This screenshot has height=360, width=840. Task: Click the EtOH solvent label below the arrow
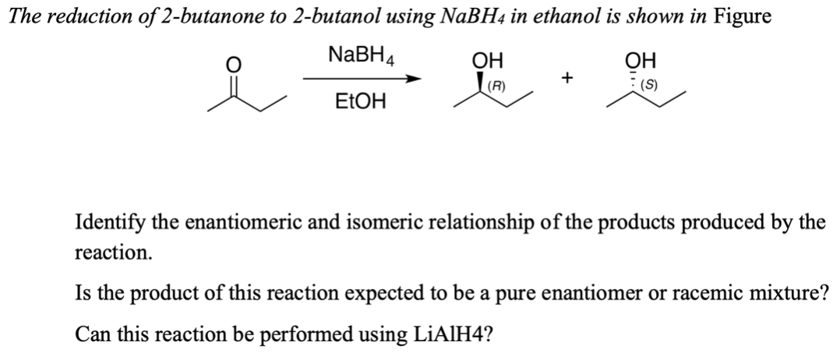click(361, 102)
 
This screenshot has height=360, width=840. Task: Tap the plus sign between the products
click(568, 79)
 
